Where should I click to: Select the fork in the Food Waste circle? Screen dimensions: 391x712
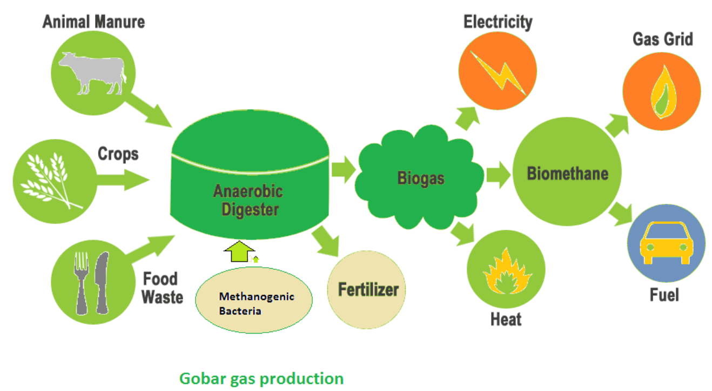coord(80,282)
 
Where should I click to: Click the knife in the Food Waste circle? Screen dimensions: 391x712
coord(101,281)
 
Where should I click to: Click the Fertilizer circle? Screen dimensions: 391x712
coord(367,289)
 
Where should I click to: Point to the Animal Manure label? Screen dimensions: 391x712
coord(94,22)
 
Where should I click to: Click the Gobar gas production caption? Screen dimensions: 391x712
coord(261,378)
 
